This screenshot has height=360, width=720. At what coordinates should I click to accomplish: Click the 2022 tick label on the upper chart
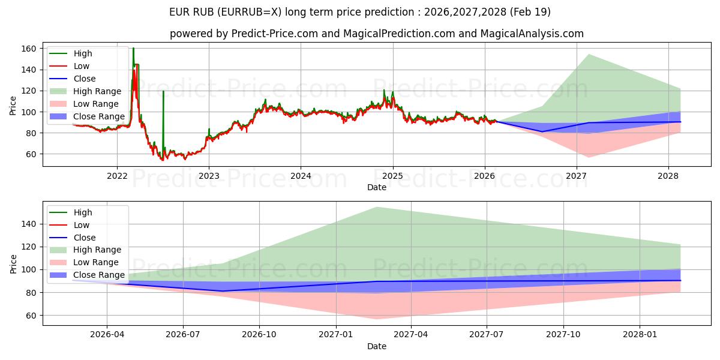coord(116,176)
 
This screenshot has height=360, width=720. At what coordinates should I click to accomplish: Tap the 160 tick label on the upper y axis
coord(29,49)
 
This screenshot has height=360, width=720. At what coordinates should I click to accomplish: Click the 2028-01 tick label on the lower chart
coord(640,335)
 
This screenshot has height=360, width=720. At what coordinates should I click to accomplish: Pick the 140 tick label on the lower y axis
coord(29,224)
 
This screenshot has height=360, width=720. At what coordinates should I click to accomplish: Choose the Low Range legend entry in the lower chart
coord(96,263)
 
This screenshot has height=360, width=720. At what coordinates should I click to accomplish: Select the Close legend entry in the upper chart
coord(84,79)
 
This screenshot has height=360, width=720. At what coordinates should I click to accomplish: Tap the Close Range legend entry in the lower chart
coord(99,275)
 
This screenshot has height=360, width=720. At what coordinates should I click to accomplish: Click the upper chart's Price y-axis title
coord(13,106)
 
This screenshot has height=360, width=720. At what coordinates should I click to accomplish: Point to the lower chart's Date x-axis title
coord(377,346)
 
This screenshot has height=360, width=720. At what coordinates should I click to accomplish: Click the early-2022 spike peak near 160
coord(133,49)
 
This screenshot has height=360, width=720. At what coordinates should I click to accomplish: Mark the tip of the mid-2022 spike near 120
coord(163,91)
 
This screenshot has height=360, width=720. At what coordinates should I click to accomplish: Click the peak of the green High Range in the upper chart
coord(589,55)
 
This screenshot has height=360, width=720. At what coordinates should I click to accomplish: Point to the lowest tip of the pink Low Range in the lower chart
coord(376,319)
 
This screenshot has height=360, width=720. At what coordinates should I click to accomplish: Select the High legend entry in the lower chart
coord(83,212)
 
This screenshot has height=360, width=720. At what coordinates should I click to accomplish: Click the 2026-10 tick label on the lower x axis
coord(259,335)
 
